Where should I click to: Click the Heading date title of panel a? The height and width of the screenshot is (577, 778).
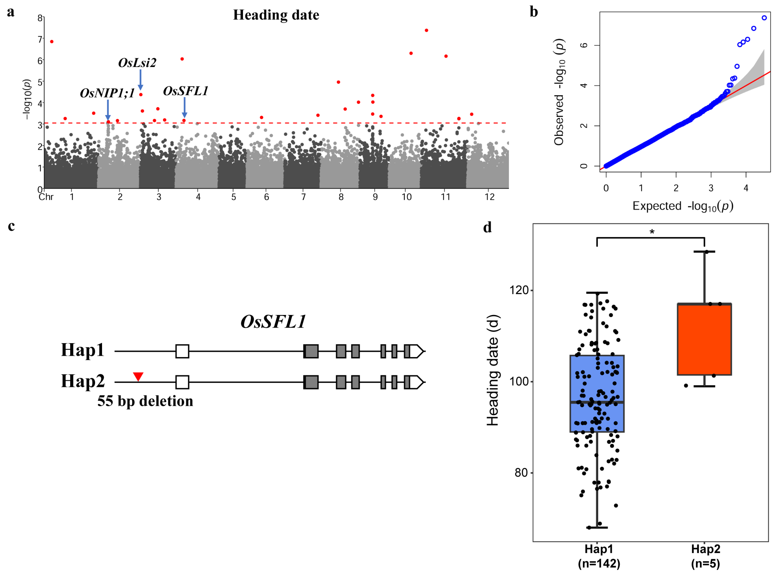[276, 15]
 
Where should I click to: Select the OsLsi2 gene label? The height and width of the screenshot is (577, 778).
[137, 63]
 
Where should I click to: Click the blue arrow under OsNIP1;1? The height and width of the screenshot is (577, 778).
[108, 110]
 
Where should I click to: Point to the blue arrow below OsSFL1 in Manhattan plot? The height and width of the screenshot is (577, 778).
[185, 107]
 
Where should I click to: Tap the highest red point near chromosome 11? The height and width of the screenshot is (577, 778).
[426, 30]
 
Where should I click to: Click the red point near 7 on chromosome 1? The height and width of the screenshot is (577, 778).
[52, 41]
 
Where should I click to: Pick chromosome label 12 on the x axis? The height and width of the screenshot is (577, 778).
[490, 197]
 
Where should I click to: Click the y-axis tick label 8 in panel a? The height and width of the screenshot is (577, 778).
[40, 18]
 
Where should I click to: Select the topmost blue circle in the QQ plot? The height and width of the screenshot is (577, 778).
[764, 18]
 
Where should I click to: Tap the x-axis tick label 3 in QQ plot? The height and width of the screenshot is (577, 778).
[711, 188]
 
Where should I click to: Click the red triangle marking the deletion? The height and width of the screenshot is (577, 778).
[138, 376]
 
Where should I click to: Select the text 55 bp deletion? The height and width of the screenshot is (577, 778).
[145, 401]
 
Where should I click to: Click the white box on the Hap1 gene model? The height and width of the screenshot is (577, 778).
[182, 351]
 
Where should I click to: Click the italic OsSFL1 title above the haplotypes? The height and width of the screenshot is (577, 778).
[273, 322]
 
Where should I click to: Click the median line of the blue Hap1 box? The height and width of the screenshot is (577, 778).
[597, 402]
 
